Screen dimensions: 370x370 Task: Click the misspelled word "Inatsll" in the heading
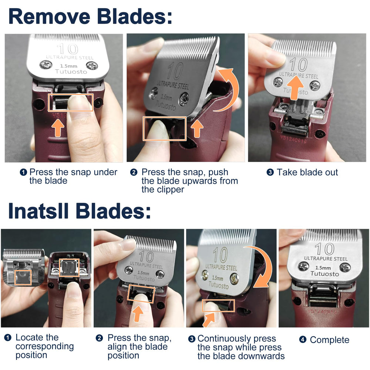[38, 211]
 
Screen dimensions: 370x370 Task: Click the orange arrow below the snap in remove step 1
[58, 128]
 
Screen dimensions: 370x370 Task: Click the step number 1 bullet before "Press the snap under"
[23, 172]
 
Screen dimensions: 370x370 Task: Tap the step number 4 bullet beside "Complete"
[303, 340]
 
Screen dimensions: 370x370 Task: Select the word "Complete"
[329, 340]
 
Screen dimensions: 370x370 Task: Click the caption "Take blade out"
[307, 172]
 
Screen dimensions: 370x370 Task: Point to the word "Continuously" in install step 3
[224, 339]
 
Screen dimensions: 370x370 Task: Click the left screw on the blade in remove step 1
[46, 65]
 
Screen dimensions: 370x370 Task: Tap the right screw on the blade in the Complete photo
[345, 268]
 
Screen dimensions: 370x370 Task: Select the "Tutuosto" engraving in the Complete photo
[324, 274]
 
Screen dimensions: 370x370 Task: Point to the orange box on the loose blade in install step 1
[23, 277]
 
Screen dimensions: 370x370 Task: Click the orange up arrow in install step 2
[138, 313]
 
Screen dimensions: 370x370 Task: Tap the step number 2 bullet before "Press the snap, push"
[134, 172]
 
